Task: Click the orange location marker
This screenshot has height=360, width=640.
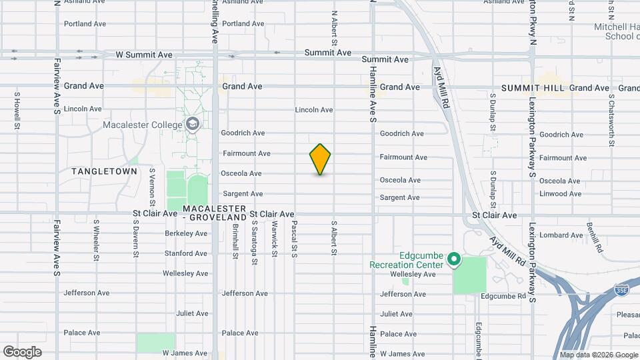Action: tap(320, 159)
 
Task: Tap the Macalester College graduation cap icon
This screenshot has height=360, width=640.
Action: tap(193, 124)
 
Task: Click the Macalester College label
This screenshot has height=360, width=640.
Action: tap(142, 125)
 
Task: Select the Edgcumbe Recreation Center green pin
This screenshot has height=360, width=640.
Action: tap(453, 259)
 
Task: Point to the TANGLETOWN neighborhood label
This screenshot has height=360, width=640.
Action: tap(105, 171)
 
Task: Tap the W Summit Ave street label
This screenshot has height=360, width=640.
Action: tap(144, 55)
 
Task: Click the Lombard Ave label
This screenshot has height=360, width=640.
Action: tap(561, 235)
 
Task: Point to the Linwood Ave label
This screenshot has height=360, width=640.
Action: tap(560, 194)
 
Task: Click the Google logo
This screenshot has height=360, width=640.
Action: tap(22, 352)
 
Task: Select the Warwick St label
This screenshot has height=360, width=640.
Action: tap(274, 236)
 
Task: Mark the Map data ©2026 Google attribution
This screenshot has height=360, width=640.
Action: tap(598, 355)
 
